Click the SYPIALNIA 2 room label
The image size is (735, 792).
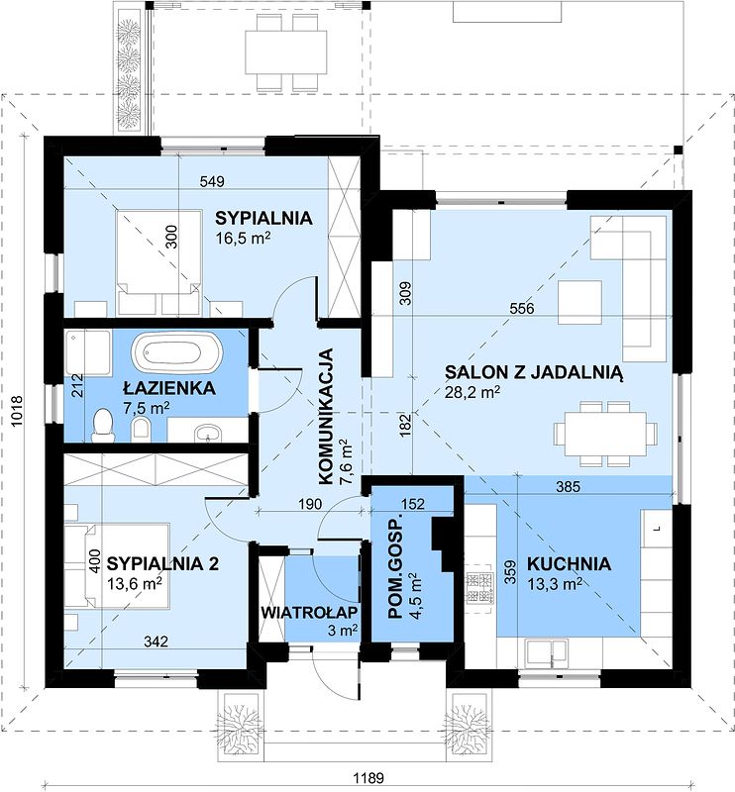click(x=162, y=562)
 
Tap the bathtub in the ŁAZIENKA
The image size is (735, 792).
click(x=176, y=352)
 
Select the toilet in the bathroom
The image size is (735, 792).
click(x=103, y=426)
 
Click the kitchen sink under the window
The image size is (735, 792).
click(x=546, y=651)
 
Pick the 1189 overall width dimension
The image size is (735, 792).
click(x=368, y=777)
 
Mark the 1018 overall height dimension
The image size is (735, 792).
click(x=17, y=411)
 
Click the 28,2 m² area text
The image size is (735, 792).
click(x=472, y=391)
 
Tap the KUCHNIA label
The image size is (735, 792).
click(x=569, y=563)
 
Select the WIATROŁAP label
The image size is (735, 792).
click(x=309, y=612)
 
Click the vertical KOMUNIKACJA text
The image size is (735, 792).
click(x=326, y=416)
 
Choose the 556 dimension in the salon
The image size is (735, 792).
click(x=522, y=308)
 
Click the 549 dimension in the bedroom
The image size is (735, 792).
click(x=212, y=181)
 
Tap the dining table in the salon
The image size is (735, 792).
click(x=605, y=434)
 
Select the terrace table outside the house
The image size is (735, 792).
click(x=286, y=52)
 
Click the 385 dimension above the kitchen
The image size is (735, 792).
click(x=569, y=486)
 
